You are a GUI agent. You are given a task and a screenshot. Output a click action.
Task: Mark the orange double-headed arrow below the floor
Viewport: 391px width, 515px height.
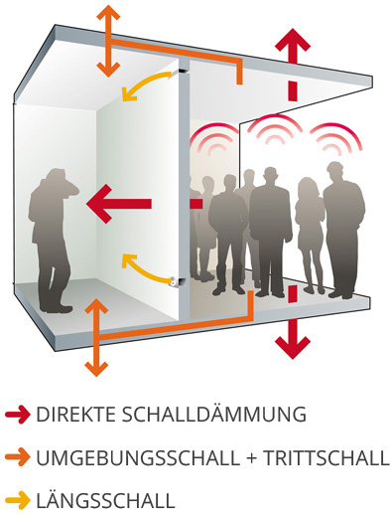96,338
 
